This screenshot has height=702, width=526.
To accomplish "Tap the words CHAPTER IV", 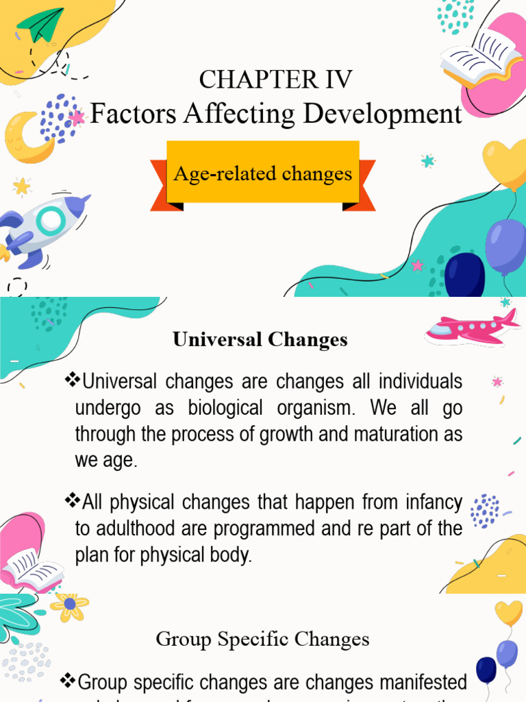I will [x=275, y=80].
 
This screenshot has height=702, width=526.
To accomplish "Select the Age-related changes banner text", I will [x=262, y=173].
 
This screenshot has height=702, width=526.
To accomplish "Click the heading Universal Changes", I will [x=260, y=339].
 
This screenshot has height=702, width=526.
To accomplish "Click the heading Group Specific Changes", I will [x=262, y=640].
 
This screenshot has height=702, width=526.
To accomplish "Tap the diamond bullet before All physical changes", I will [x=71, y=501].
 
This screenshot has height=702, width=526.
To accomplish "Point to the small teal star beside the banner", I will [x=428, y=161].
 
